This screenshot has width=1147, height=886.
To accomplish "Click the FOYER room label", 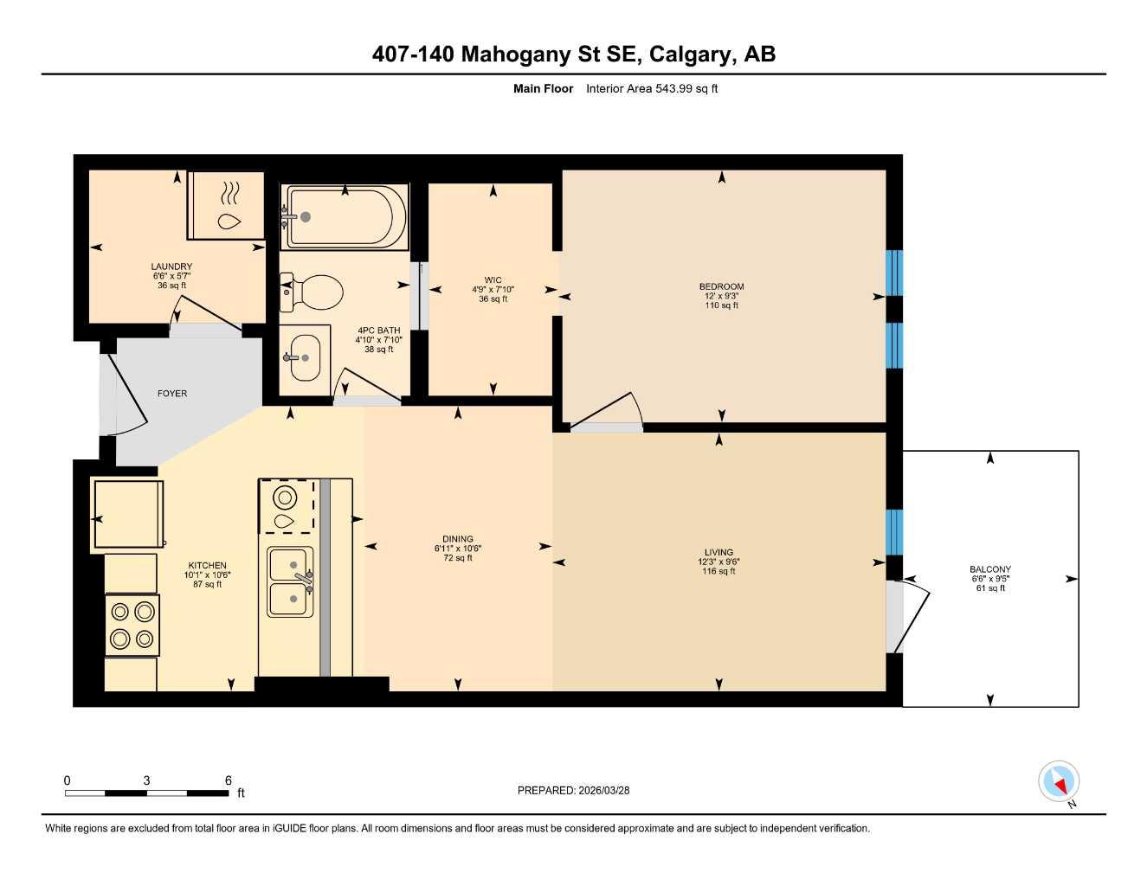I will click(x=171, y=394).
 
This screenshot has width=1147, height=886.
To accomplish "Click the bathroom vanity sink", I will click(x=303, y=356).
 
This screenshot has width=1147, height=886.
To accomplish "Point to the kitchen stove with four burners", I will click(x=132, y=626).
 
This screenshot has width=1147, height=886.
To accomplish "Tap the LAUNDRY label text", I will click(x=171, y=266).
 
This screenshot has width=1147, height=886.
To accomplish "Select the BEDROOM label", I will click(x=721, y=286).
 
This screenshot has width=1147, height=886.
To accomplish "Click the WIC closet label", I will click(x=493, y=280).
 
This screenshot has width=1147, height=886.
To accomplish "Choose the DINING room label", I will click(x=458, y=539).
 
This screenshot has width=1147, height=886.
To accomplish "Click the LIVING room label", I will click(x=718, y=552).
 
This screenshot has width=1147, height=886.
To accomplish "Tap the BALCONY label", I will click(x=990, y=569).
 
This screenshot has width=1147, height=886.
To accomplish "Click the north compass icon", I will click(x=1059, y=782).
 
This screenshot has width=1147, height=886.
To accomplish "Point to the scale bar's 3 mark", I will click(x=147, y=781).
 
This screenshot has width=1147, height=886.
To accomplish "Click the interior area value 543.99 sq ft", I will click(x=652, y=88).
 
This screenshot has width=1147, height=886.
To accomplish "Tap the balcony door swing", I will click(x=909, y=616).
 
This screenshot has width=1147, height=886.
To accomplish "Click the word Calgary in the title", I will click(x=688, y=55).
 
